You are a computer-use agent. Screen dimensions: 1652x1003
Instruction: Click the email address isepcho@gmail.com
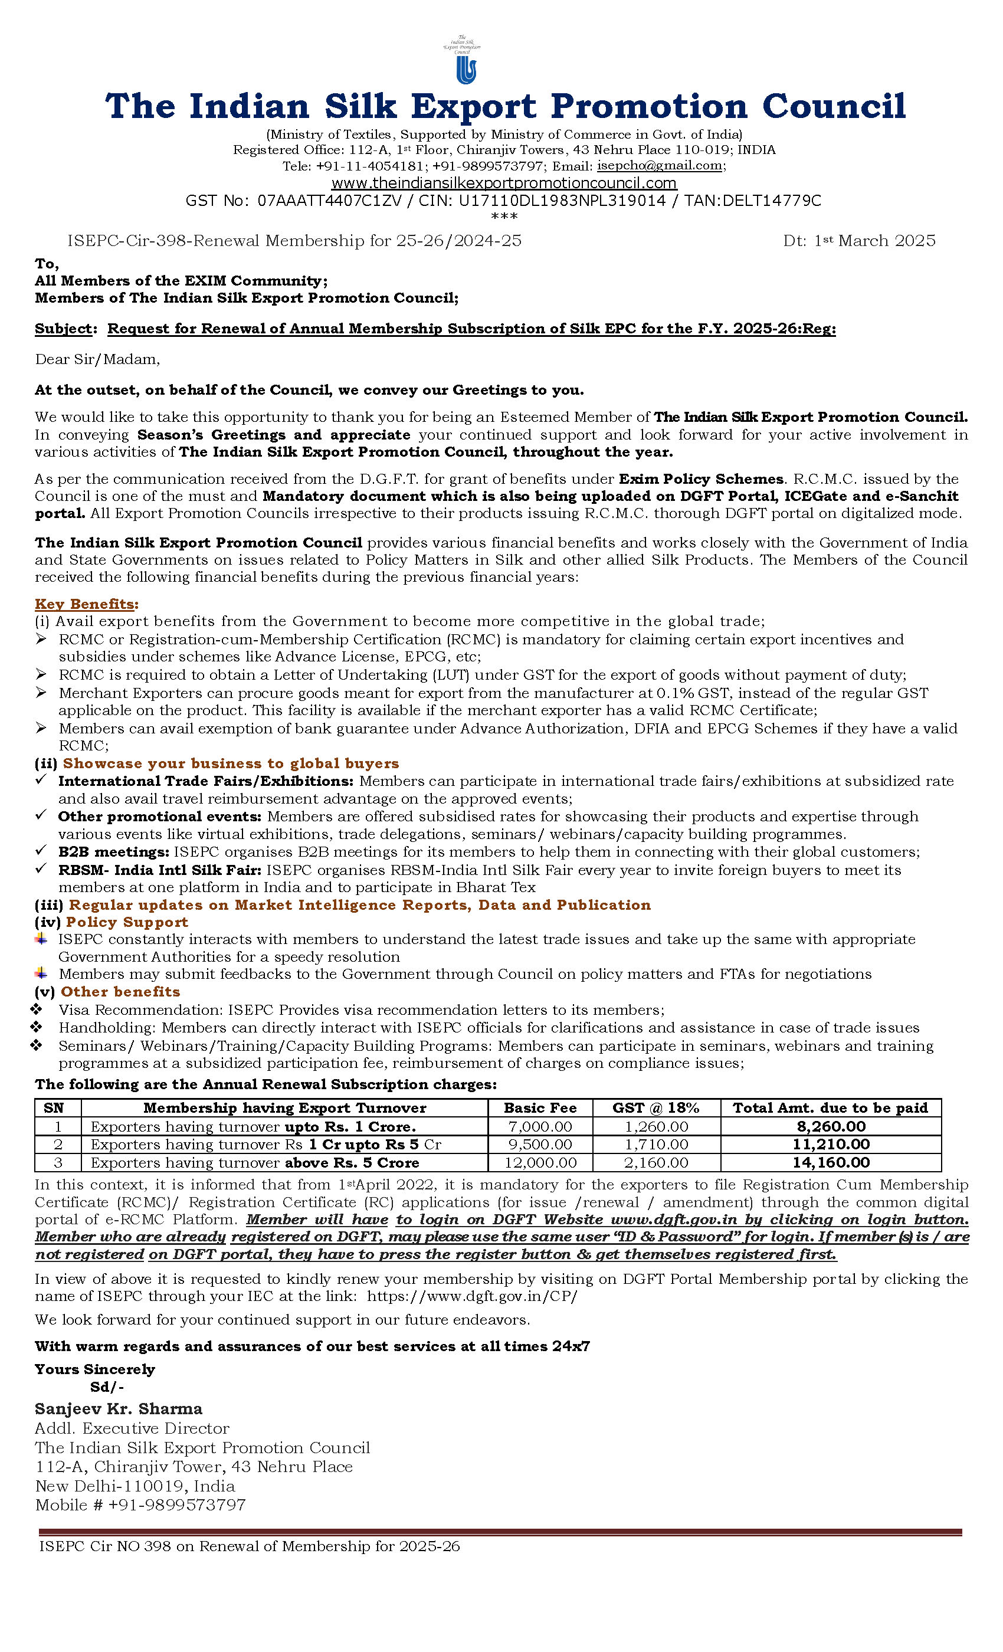(659, 166)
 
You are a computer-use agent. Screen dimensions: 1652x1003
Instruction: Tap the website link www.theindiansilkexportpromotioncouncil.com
(503, 183)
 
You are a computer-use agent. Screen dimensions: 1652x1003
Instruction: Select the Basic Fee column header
(540, 1107)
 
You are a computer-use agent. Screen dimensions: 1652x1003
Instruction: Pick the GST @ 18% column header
(655, 1107)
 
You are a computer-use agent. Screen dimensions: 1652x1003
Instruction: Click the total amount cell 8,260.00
(831, 1126)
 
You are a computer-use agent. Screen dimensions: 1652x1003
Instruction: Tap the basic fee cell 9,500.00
(540, 1144)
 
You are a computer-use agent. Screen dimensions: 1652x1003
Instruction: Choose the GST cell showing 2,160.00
(655, 1162)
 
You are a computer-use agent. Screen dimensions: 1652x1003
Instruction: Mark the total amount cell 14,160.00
(831, 1162)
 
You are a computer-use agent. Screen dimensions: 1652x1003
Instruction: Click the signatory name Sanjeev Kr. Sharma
(119, 1409)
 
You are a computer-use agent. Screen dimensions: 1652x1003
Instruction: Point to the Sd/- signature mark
(107, 1386)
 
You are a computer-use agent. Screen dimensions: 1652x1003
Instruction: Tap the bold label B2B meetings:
(113, 851)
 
